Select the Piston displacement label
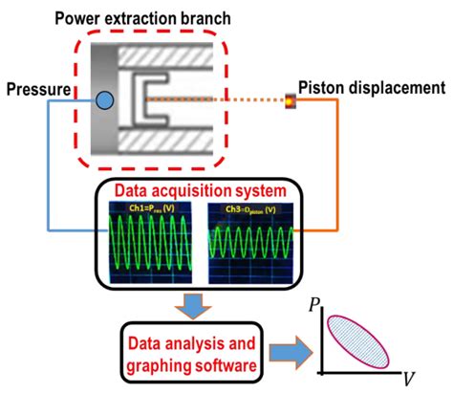pos(372,88)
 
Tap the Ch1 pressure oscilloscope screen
pos(150,240)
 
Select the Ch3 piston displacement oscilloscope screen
pos(250,240)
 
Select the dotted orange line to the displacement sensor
pos(229,98)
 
